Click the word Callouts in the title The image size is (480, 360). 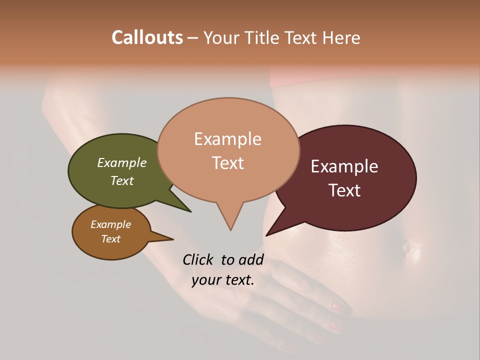(147, 37)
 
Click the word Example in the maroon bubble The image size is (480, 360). (344, 166)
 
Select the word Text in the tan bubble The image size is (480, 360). (228, 163)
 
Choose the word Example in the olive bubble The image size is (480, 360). (122, 162)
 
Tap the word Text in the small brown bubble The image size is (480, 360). (111, 239)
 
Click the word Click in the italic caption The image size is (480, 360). (198, 259)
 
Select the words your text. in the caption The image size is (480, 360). (223, 280)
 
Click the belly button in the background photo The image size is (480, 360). (406, 245)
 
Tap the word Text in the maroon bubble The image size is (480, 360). (345, 190)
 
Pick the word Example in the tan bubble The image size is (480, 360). (228, 139)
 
